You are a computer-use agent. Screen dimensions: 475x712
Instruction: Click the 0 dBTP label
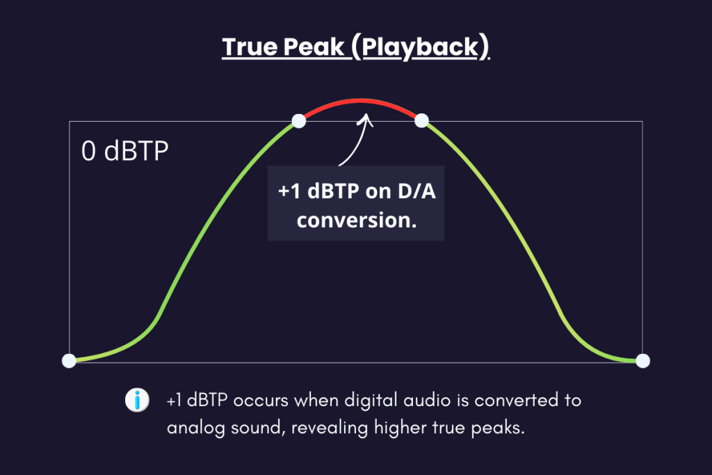pyautogui.click(x=125, y=151)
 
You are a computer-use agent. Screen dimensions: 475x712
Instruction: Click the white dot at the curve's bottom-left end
pyautogui.click(x=69, y=360)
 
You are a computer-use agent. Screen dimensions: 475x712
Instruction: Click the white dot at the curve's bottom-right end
pyautogui.click(x=643, y=360)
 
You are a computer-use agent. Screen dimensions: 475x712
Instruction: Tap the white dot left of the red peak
pyautogui.click(x=299, y=121)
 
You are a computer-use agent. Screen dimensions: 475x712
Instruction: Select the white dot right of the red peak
pyautogui.click(x=421, y=121)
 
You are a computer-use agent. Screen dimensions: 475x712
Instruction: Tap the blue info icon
pyautogui.click(x=138, y=401)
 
